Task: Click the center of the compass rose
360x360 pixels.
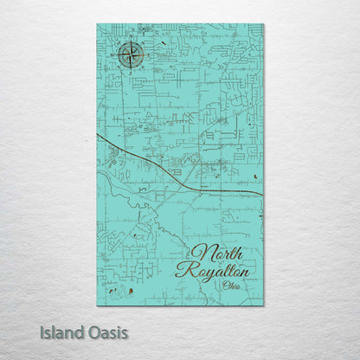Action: pyautogui.click(x=132, y=56)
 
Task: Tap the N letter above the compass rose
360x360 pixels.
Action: pyautogui.click(x=132, y=42)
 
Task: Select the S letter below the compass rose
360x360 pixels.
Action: pyautogui.click(x=132, y=72)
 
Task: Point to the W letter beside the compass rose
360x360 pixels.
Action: pyautogui.click(x=117, y=57)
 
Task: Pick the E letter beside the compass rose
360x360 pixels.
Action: pyautogui.click(x=146, y=56)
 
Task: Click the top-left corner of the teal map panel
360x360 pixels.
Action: pyautogui.click(x=97, y=24)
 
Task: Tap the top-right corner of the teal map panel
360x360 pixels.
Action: pyautogui.click(x=264, y=24)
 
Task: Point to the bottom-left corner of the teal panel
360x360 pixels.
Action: pyautogui.click(x=97, y=305)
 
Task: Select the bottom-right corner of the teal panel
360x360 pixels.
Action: pyautogui.click(x=264, y=305)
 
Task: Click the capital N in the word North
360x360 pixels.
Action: pyautogui.click(x=198, y=253)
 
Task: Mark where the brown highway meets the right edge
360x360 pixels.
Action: pyautogui.click(x=263, y=190)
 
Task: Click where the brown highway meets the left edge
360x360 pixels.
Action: pyautogui.click(x=98, y=135)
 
